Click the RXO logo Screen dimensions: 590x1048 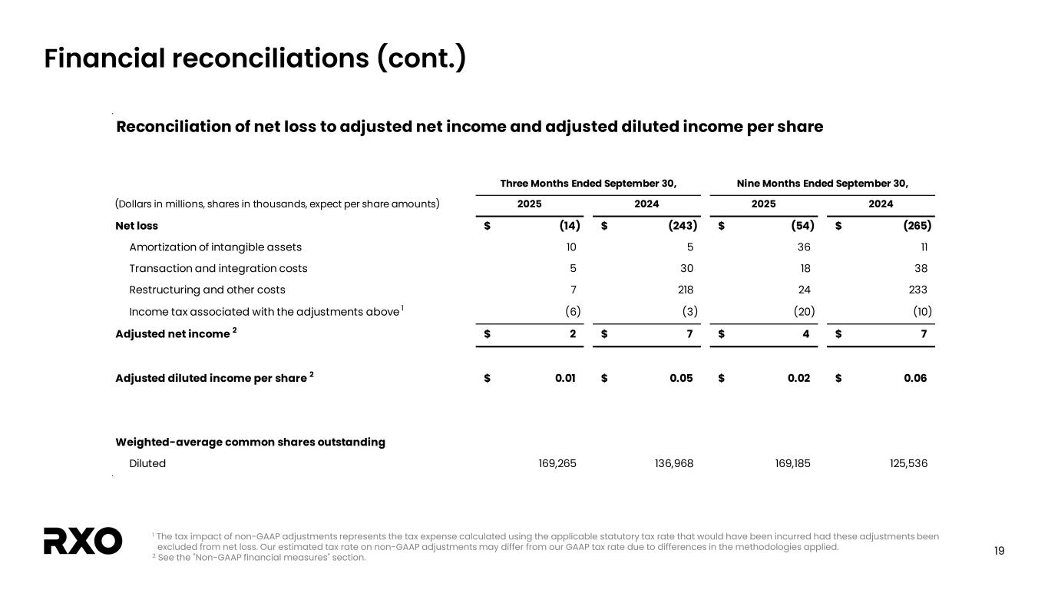(83, 541)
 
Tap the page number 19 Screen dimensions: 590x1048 (999, 550)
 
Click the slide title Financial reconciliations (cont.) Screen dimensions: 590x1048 (255, 58)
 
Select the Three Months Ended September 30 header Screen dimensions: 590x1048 (588, 184)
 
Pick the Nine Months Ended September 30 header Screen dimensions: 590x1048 (822, 184)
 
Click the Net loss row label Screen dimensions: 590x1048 (137, 226)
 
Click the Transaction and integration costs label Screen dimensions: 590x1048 (218, 268)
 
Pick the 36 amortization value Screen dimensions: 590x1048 (804, 247)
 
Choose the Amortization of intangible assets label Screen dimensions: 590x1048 (215, 247)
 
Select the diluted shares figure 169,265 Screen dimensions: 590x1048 (557, 463)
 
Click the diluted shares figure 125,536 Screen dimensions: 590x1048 (907, 463)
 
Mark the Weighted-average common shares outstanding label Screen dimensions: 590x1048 (250, 442)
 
